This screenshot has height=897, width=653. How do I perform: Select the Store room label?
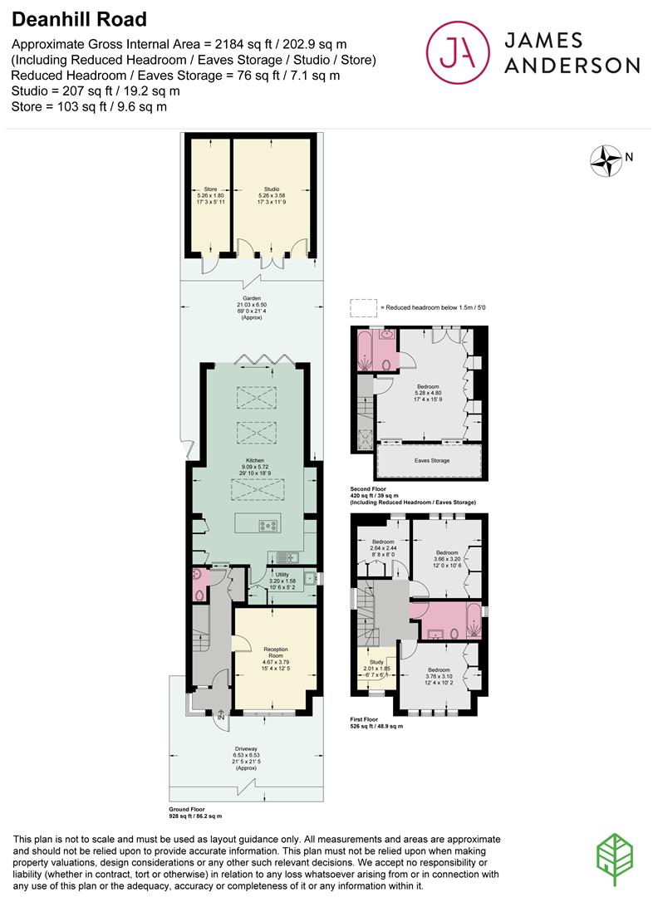pos(210,189)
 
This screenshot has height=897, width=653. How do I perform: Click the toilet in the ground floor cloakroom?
pos(199,591)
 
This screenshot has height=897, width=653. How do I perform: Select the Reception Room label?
pos(275,652)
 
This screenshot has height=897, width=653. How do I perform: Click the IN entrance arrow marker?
pos(220,715)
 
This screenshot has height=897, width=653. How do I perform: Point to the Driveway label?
pos(246,747)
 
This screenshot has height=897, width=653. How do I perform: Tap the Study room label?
pos(376,662)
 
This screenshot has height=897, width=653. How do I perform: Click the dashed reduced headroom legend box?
pos(361,307)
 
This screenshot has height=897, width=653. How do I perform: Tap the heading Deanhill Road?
pos(69,19)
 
